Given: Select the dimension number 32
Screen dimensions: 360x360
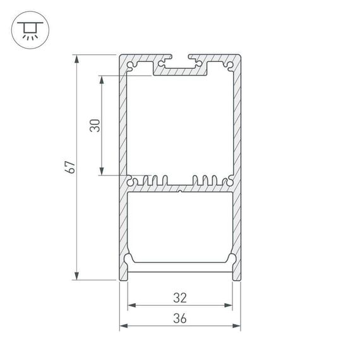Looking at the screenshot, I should click(x=180, y=297).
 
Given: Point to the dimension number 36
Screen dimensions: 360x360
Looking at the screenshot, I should click(x=180, y=318).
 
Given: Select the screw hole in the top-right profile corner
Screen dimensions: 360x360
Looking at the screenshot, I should click(x=229, y=65).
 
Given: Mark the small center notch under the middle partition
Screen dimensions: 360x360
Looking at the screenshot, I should click(x=180, y=189).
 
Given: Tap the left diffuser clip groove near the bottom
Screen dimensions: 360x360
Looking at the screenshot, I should click(x=130, y=259).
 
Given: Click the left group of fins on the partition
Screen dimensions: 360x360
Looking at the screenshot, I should click(x=152, y=180).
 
